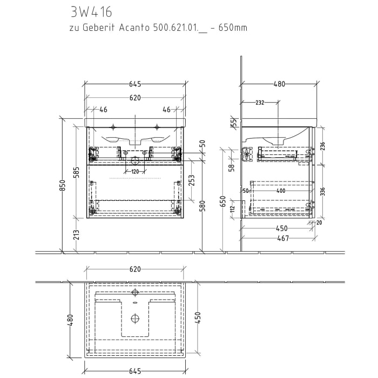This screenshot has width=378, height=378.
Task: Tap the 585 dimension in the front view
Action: click(76, 172)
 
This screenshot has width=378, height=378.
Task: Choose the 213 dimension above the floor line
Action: click(76, 235)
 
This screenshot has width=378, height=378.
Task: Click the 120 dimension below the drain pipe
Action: click(134, 171)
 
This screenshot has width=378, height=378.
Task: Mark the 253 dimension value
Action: click(191, 180)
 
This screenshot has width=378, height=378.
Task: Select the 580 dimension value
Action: click(204, 206)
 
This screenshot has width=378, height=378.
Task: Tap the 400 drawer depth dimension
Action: click(280, 191)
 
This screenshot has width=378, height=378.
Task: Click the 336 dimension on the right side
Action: click(323, 191)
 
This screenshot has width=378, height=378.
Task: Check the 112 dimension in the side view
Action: click(233, 208)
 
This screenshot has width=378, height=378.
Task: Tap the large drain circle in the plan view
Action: click(134, 318)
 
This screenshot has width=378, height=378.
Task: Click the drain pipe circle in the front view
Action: click(135, 160)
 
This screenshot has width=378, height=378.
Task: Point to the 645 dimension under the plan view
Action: click(134, 371)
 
